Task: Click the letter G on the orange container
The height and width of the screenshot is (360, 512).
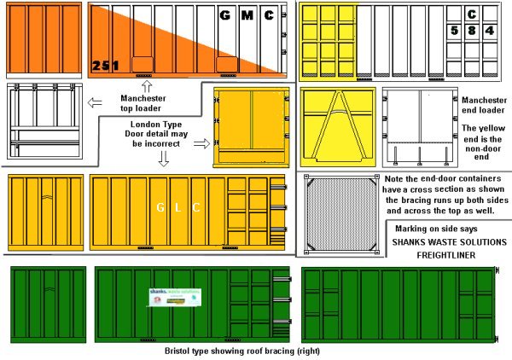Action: (225, 15)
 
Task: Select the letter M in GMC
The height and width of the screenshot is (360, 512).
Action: (247, 15)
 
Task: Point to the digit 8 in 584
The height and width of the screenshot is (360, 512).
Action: (472, 30)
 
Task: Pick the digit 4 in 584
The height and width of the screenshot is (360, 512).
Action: (489, 30)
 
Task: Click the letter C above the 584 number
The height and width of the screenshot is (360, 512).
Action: (472, 14)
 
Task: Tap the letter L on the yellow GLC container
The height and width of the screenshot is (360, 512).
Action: (177, 207)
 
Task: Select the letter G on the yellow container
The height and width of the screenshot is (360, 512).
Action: (159, 207)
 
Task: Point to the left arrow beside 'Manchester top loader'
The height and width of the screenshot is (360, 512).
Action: (95, 104)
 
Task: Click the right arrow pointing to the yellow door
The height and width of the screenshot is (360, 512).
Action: (201, 144)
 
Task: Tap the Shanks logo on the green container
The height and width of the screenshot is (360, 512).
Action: (172, 299)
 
